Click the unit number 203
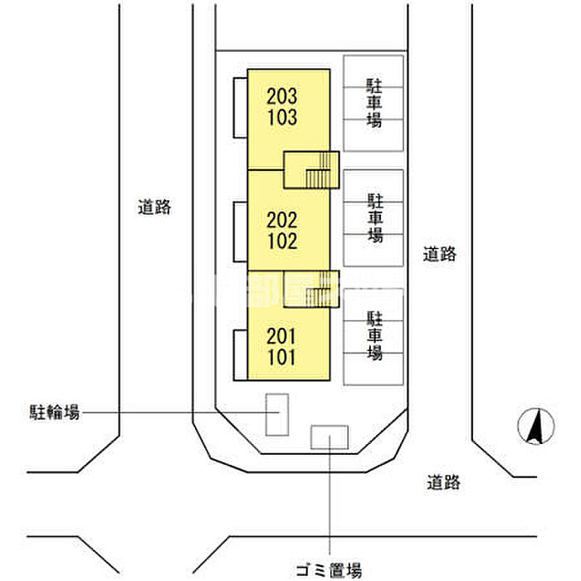282,96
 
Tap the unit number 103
282,117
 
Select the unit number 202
282,220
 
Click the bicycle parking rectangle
276,413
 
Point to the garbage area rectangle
330,437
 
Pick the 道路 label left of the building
154,207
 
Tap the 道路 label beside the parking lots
439,255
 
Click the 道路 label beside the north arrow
444,481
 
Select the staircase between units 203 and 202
312,170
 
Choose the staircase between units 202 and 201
312,288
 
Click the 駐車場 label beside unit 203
374,103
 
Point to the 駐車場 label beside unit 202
375,217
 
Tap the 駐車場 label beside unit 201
375,335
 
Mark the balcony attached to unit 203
239,108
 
